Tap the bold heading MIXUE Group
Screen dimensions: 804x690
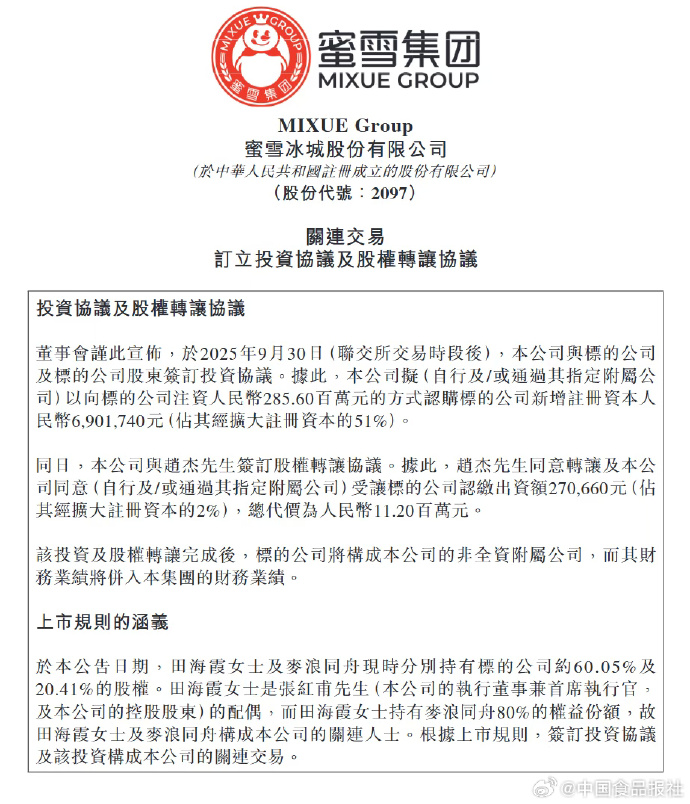pyautogui.click(x=344, y=126)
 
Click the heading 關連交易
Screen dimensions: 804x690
pyautogui.click(x=344, y=237)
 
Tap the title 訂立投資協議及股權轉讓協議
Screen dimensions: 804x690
pyautogui.click(x=344, y=260)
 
